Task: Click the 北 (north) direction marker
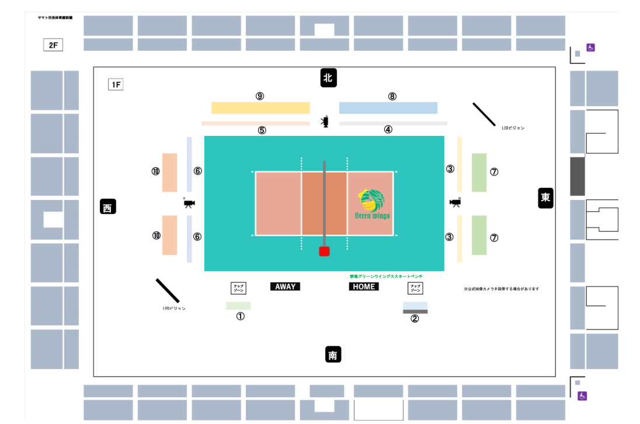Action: click(329, 78)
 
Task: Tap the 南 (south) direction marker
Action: click(333, 355)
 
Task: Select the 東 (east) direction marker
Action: click(545, 198)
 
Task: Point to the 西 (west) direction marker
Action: click(108, 206)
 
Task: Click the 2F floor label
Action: click(53, 45)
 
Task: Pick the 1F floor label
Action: click(116, 85)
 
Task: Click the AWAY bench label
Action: click(285, 286)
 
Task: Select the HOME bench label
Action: click(364, 286)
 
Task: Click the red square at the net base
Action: click(324, 251)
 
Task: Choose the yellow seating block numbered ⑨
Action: click(260, 108)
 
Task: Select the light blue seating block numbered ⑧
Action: click(388, 108)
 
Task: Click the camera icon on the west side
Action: click(189, 203)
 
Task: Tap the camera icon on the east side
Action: click(455, 202)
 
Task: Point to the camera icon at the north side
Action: click(325, 122)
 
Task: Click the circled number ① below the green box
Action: click(240, 316)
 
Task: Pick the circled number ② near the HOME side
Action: click(415, 318)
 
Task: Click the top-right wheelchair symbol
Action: click(590, 47)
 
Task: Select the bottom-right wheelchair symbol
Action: click(582, 396)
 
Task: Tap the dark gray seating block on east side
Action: click(578, 176)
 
